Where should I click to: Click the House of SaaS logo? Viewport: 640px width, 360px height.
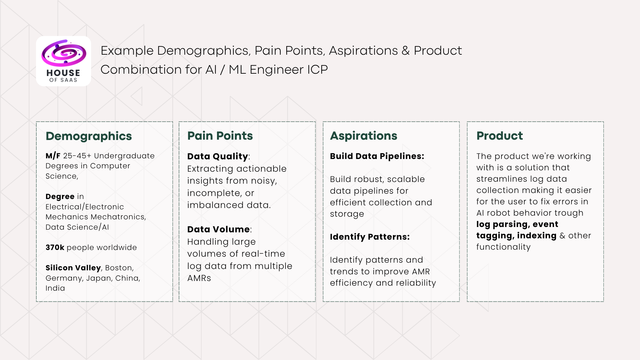63,61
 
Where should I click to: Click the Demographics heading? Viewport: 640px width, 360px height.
89,136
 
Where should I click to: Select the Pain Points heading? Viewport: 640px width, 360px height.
220,136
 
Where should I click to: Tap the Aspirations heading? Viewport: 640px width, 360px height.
363,136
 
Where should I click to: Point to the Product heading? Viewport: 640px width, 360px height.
499,136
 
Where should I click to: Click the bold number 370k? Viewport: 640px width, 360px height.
55,247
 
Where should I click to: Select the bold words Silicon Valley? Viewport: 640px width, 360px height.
73,268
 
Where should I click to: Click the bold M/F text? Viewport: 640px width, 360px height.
53,156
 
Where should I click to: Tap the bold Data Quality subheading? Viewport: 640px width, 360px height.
217,156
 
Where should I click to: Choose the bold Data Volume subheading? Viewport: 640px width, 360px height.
218,229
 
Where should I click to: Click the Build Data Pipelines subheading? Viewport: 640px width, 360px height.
377,156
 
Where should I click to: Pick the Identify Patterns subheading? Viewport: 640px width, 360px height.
369,237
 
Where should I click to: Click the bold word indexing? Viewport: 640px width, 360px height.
537,235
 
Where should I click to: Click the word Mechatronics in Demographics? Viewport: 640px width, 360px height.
118,217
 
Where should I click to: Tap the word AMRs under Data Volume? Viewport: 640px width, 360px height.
199,278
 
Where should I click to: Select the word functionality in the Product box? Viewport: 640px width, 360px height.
503,247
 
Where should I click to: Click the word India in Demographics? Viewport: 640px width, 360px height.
55,288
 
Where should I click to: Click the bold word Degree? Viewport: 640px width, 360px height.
60,196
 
